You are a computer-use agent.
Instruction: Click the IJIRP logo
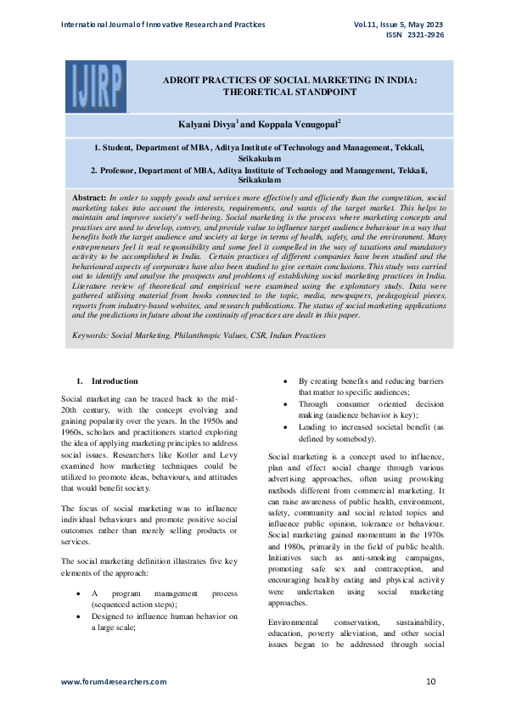coord(94,87)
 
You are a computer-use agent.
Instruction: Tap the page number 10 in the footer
coord(431,682)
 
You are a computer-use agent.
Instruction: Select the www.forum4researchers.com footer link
coord(114,682)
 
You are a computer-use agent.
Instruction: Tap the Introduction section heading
coord(115,381)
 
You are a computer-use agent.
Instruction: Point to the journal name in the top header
coord(163,25)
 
